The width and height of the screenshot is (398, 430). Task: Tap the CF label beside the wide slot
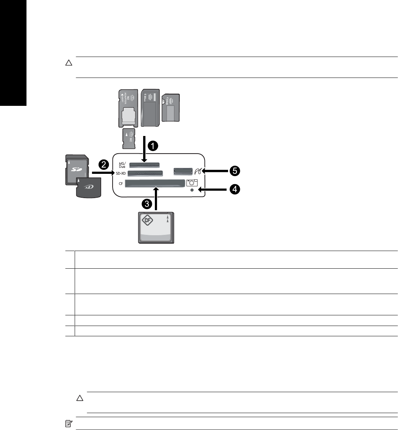tap(121, 183)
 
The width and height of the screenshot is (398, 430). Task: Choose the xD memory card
tap(88, 187)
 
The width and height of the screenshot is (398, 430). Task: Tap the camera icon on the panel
tap(192, 182)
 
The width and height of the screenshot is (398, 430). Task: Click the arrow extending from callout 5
tap(215, 171)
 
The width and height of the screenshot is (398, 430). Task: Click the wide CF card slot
tap(154, 183)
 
